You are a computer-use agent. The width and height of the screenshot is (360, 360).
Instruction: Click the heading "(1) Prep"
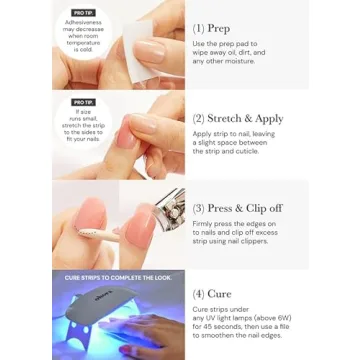point(212,29)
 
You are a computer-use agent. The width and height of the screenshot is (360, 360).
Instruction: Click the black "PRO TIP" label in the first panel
point(84,11)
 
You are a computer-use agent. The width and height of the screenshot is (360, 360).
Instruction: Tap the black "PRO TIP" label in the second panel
point(84,102)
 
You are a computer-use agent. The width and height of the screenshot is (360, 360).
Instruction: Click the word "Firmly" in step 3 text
point(205,226)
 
